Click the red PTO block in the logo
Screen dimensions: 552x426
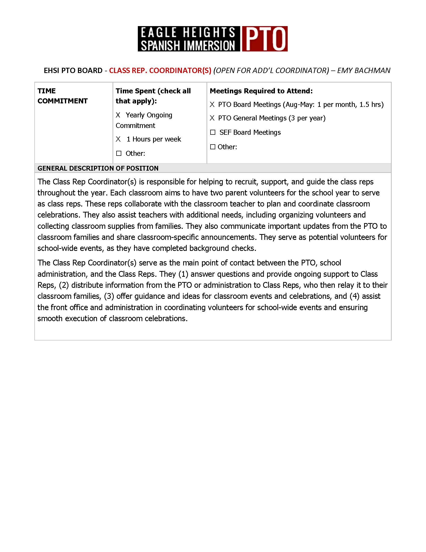tap(264, 39)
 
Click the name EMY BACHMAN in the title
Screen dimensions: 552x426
tap(364, 70)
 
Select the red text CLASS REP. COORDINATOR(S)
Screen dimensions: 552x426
tap(160, 70)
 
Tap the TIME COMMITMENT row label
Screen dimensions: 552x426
tap(62, 96)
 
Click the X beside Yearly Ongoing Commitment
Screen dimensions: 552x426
tap(118, 115)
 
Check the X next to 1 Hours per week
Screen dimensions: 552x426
tap(118, 139)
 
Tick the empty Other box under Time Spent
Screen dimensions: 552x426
tap(119, 153)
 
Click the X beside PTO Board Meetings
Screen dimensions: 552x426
tap(212, 105)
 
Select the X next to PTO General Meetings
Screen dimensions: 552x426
tap(212, 118)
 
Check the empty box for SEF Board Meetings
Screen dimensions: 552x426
tap(213, 132)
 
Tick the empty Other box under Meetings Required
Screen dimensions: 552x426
tap(213, 147)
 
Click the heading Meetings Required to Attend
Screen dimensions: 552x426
tap(261, 91)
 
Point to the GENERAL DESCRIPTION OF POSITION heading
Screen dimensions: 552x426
tap(98, 168)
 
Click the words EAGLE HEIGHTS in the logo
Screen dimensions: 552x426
tap(188, 33)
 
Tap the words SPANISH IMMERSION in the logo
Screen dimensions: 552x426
tap(188, 45)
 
